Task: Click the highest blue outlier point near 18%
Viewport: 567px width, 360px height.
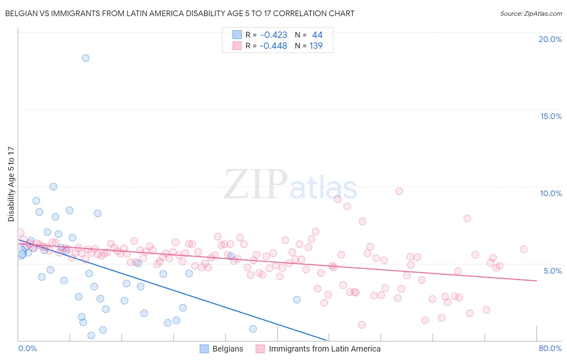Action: tap(85, 58)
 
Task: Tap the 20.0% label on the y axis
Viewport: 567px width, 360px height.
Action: tap(550, 39)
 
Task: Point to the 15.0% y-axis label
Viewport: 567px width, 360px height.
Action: tap(551, 116)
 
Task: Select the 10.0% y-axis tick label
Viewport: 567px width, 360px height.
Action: tap(551, 193)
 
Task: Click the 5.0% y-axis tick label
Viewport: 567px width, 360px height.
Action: tap(552, 271)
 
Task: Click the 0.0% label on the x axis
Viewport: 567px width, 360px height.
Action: tap(27, 348)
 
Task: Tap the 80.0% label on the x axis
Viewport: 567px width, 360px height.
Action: tap(550, 348)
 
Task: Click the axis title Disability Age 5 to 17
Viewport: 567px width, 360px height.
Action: tap(11, 184)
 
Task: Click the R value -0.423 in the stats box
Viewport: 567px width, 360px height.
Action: tap(273, 35)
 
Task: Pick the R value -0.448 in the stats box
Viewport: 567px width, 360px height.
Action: tap(273, 46)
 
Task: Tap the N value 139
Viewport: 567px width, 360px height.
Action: tap(316, 46)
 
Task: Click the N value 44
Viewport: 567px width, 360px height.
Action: tap(317, 35)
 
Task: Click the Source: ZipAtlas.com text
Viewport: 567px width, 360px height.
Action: tap(531, 14)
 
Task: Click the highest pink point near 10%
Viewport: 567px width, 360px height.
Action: tap(399, 191)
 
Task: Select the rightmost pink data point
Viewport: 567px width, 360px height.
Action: tap(523, 249)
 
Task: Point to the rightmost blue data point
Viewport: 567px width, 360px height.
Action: tap(297, 299)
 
